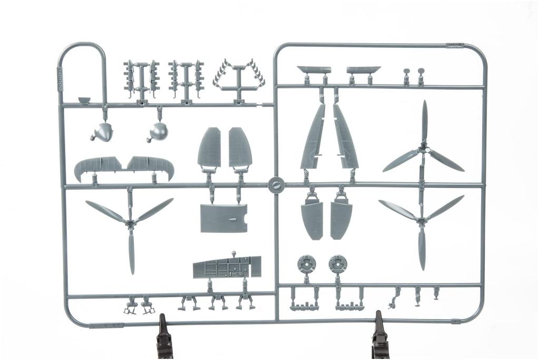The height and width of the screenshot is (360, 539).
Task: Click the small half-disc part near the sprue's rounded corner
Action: (x=84, y=99)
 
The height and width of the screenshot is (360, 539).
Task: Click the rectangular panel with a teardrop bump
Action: (x=224, y=218)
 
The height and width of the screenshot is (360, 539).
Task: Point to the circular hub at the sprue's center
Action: (x=276, y=185)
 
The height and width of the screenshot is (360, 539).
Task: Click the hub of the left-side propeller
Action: (x=131, y=224)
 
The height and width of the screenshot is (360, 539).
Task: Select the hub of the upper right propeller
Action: (x=423, y=152)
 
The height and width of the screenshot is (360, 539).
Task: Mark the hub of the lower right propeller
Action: (x=421, y=221)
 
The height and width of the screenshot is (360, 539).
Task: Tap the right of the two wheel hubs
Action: (x=337, y=264)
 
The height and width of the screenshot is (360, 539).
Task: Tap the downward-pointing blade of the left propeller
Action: (x=131, y=253)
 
